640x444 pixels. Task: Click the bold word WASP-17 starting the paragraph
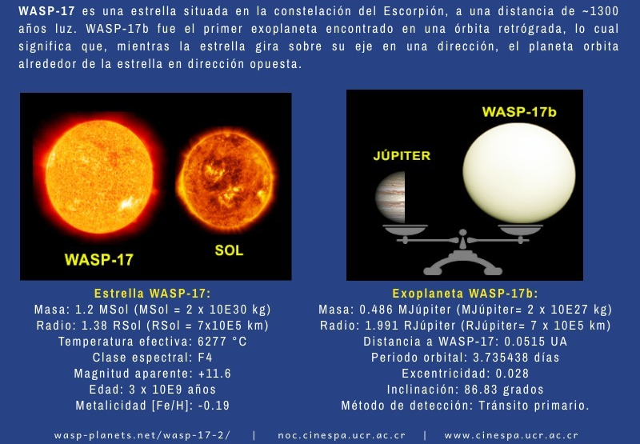click(46, 11)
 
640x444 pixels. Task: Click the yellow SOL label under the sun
click(229, 250)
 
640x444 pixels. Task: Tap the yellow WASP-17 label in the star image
click(98, 259)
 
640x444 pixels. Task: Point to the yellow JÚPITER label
click(402, 155)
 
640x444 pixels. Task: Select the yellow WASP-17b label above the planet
click(519, 112)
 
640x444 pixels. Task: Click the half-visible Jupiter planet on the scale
click(390, 197)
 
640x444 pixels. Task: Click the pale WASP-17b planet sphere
click(519, 174)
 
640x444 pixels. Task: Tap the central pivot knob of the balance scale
click(463, 233)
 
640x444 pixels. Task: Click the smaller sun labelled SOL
click(226, 180)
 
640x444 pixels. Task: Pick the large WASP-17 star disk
click(99, 176)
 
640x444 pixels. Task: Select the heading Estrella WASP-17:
click(153, 294)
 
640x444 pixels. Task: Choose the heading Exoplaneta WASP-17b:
click(466, 294)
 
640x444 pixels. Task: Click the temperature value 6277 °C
click(222, 341)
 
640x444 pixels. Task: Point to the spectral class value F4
click(206, 358)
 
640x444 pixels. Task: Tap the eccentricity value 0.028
click(512, 374)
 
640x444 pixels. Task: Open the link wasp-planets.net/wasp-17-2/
click(142, 435)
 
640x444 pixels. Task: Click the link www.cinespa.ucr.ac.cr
click(511, 435)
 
